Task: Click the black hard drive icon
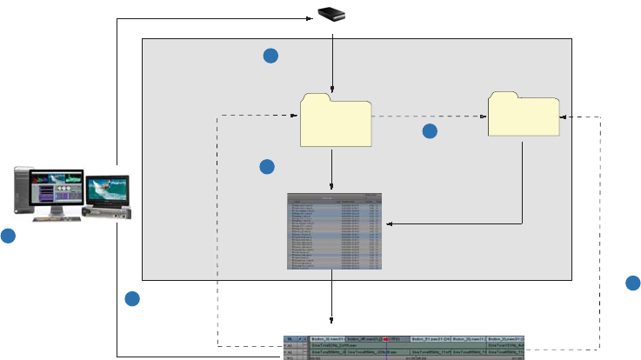(332, 14)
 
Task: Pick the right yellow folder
(523, 114)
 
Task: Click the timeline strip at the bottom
(405, 346)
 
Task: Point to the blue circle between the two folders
(430, 131)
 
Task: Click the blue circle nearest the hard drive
(270, 56)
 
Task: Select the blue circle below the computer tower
(8, 236)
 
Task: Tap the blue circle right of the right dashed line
(633, 283)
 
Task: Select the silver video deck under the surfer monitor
(106, 211)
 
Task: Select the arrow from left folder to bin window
(332, 169)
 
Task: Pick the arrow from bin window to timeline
(332, 300)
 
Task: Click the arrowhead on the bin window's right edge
(389, 224)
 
